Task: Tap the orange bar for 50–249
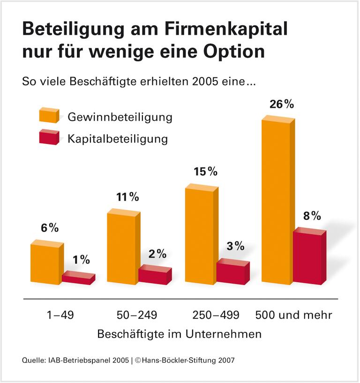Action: tap(122, 248)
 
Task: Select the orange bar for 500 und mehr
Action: tap(277, 202)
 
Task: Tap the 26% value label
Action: tap(282, 104)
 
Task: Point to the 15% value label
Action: tap(205, 172)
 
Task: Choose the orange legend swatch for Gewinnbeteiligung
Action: tap(48, 115)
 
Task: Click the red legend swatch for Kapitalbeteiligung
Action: tap(48, 137)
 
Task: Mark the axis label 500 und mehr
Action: tap(294, 315)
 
